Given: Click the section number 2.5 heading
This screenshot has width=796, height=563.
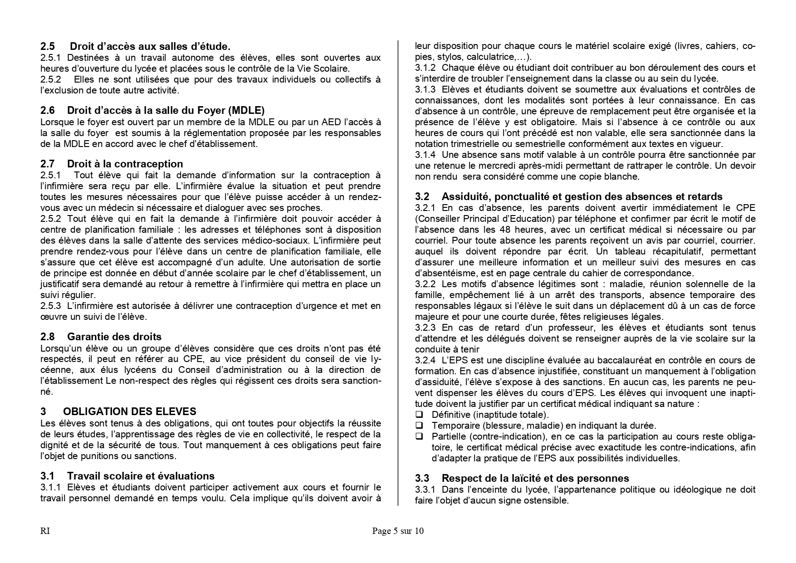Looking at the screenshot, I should [x=48, y=46].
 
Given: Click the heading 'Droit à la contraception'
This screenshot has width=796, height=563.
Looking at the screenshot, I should [x=125, y=164].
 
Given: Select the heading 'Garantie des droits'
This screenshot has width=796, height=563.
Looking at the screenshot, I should [x=114, y=337].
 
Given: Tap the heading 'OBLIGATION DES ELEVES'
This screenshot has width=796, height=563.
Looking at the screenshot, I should [x=129, y=411].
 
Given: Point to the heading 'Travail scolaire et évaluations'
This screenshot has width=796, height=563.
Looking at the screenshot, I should [x=141, y=476].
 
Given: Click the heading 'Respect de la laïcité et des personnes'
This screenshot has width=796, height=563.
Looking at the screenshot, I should [x=535, y=478].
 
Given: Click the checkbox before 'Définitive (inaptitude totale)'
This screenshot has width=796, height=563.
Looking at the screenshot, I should [x=419, y=415].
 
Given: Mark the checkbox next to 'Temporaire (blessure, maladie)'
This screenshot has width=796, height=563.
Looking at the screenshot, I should [x=419, y=426].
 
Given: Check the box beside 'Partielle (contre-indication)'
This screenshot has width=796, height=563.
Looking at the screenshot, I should [x=419, y=436].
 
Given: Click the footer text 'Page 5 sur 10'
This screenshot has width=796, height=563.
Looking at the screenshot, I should [x=398, y=531].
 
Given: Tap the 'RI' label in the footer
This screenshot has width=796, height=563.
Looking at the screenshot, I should [x=45, y=531].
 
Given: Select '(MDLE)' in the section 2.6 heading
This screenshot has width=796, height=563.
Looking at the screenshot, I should [x=247, y=110].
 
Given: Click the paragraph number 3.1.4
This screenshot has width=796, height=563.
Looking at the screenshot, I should [x=425, y=155].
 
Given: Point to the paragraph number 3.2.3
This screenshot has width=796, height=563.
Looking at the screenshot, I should [x=425, y=328].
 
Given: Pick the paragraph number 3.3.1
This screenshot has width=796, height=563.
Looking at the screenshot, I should [x=425, y=490].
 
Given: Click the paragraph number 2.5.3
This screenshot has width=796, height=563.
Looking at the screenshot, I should [x=50, y=306].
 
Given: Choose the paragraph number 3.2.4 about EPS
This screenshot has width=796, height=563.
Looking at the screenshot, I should [x=425, y=360].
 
